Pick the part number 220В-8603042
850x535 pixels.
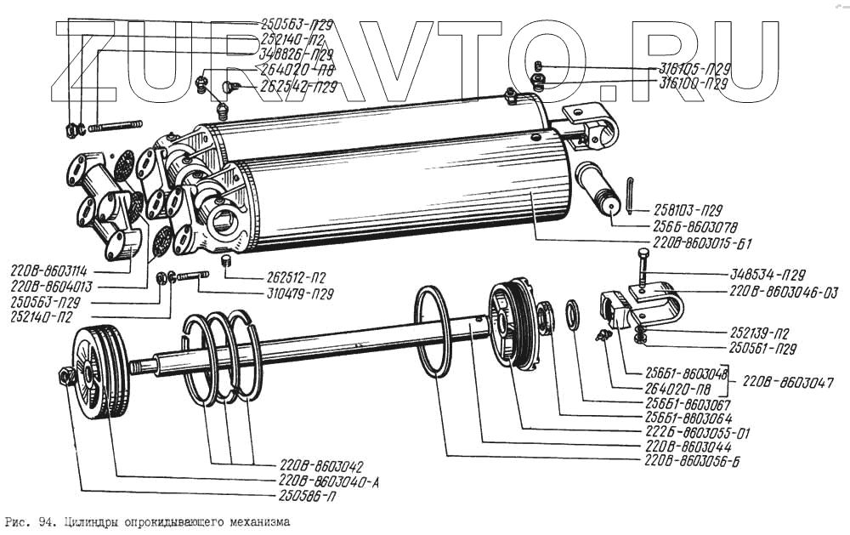point(321,465)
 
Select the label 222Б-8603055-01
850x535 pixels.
point(694,432)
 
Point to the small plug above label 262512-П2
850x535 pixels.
point(227,259)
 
